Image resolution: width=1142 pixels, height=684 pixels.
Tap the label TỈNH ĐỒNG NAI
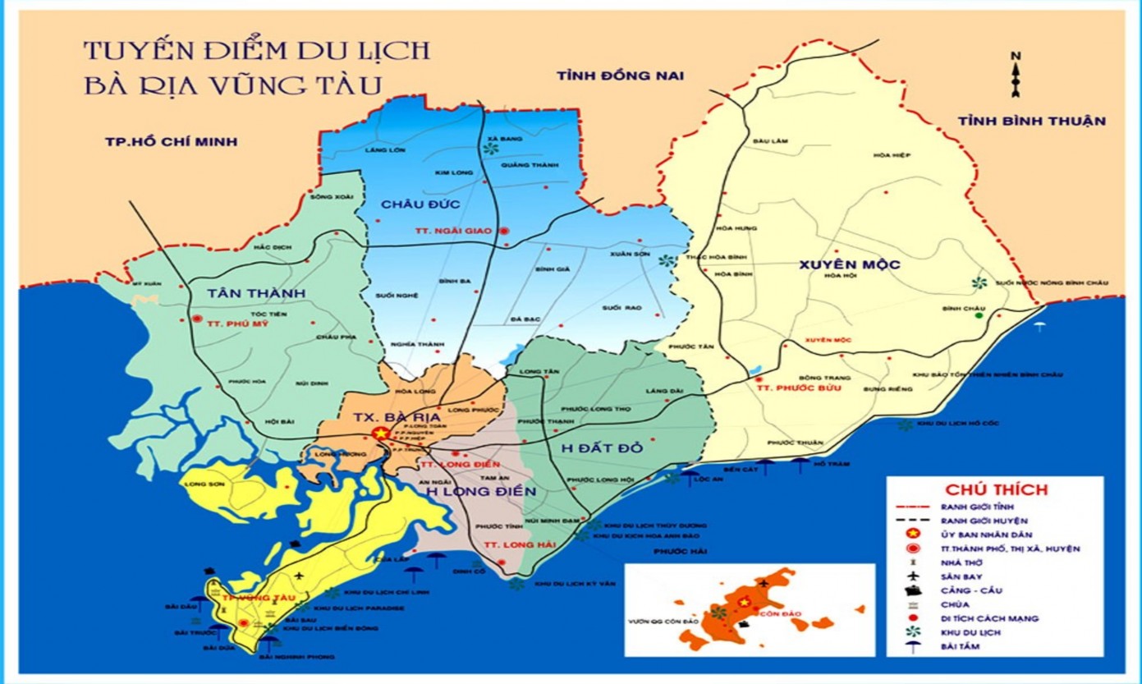coord(620,76)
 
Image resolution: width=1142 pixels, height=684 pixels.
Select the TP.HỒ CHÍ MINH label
coord(171,141)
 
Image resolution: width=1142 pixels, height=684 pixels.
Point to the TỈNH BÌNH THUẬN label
coord(1032,121)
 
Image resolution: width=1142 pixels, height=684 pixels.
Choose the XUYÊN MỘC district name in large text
coord(848,264)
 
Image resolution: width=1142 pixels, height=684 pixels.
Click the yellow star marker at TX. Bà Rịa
coord(378,433)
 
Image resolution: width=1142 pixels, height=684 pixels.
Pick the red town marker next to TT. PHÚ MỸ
coord(196,319)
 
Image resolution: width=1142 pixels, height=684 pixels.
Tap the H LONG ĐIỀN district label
coord(480,491)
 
